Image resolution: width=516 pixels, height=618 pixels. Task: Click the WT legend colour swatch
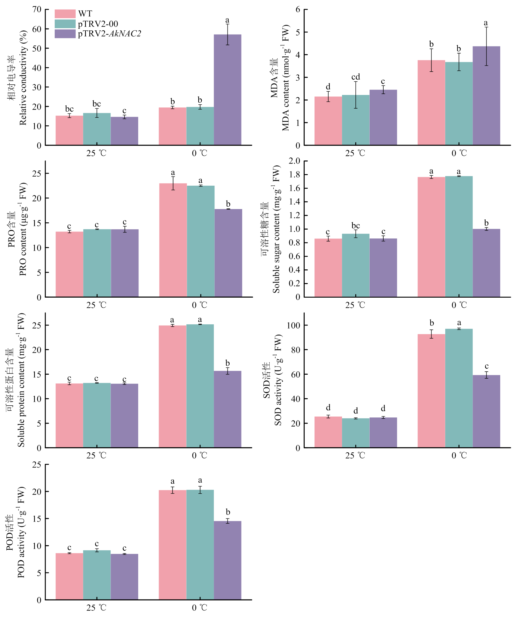point(65,14)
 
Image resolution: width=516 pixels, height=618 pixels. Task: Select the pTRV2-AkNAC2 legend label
point(109,34)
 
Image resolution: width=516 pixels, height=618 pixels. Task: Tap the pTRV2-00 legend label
point(98,24)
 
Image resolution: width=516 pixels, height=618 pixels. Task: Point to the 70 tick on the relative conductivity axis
point(37,10)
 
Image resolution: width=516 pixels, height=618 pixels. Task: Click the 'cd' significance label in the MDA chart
point(356,77)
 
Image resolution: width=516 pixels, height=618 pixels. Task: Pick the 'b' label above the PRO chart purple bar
point(228,204)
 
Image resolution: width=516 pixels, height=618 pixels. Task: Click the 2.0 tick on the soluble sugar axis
point(294,161)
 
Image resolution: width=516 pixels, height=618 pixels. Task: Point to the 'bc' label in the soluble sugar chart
point(356,226)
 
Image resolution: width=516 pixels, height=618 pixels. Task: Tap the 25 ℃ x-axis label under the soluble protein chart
point(96,455)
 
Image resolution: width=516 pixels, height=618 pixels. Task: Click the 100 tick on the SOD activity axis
point(293,325)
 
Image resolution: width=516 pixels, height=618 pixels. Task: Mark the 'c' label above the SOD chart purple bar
point(487,366)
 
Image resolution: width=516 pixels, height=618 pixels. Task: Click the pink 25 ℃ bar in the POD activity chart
point(69,576)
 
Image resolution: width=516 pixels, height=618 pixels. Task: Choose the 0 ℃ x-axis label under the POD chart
point(200,608)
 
